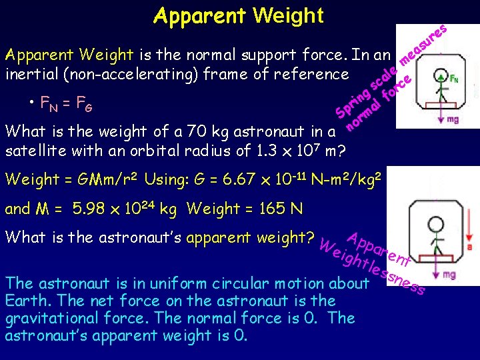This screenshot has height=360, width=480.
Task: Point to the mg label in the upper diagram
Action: pyautogui.click(x=452, y=119)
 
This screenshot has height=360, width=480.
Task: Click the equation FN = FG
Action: pyautogui.click(x=66, y=103)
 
